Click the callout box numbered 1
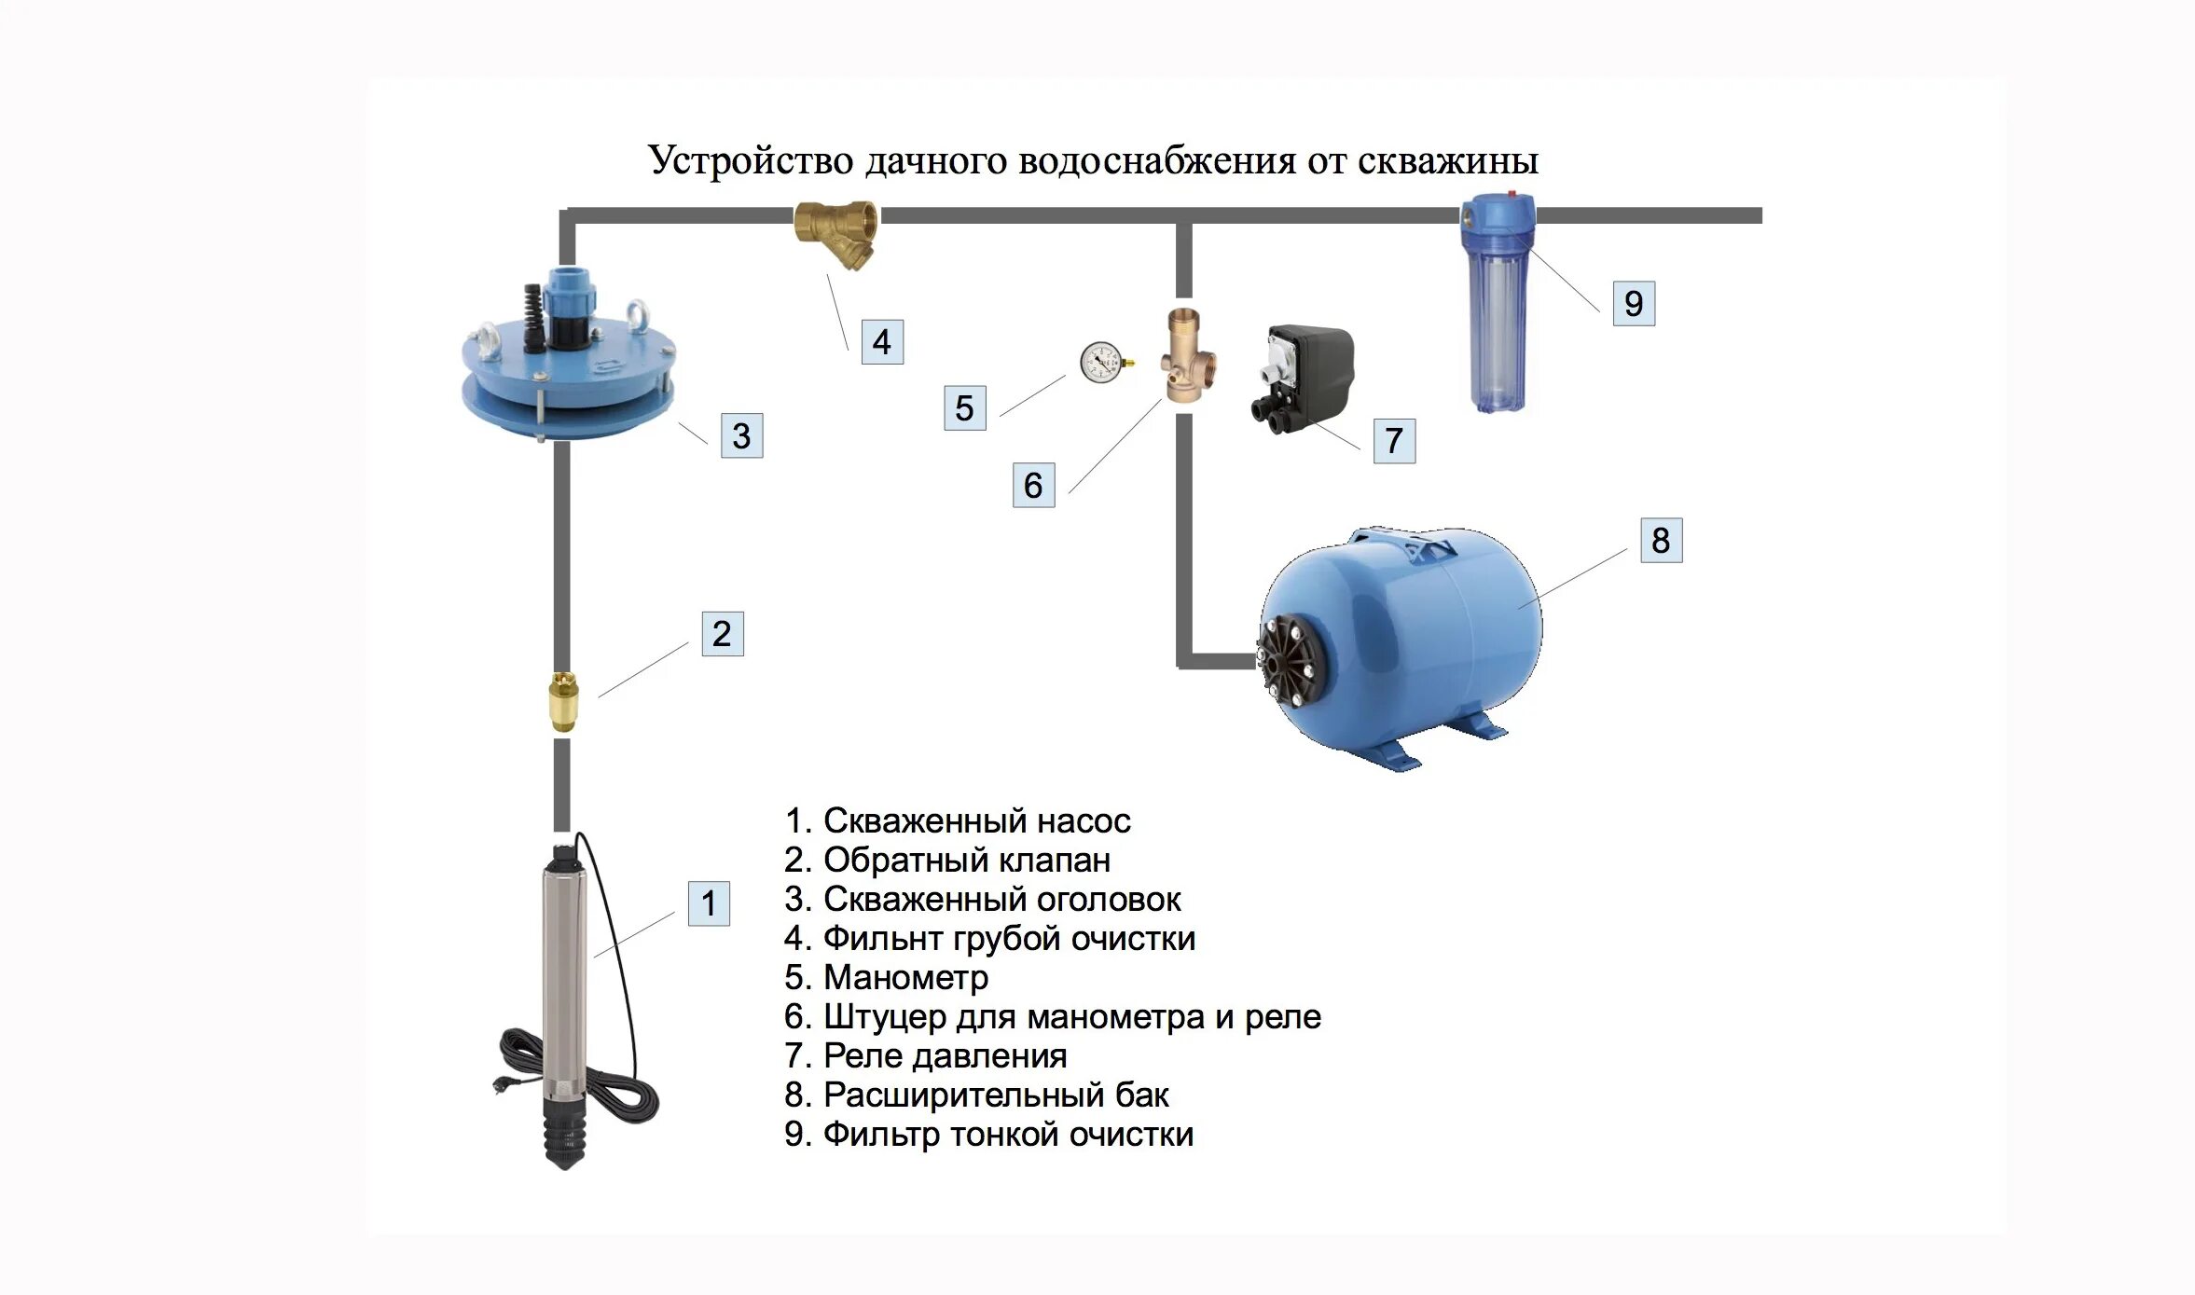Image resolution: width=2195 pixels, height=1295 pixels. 709,902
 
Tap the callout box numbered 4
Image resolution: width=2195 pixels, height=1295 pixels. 881,341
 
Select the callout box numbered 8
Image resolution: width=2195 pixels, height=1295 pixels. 1661,540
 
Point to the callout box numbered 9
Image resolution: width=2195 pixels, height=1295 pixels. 1634,303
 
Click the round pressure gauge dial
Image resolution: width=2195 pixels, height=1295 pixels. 1103,363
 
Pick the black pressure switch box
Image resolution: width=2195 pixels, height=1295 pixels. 1302,378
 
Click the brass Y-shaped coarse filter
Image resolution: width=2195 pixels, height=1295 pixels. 837,233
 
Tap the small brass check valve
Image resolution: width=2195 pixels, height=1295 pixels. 563,701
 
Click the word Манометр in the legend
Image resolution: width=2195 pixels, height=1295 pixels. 905,977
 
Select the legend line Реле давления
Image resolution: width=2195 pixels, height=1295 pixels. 925,1056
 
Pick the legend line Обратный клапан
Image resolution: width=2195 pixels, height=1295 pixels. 947,860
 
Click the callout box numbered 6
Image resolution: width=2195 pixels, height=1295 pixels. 1033,485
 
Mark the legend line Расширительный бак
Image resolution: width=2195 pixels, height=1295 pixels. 976,1095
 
